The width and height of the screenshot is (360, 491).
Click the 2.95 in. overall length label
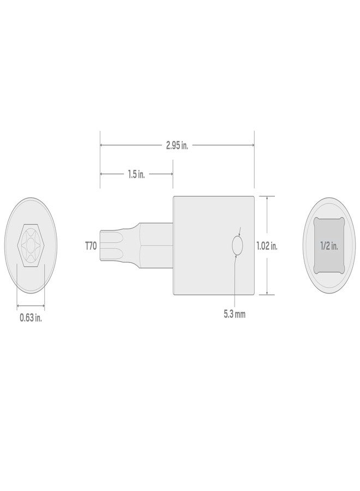[177, 146]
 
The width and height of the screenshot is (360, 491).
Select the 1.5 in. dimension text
[136, 175]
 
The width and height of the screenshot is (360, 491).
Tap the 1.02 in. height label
[267, 246]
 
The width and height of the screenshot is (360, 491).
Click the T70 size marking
[91, 247]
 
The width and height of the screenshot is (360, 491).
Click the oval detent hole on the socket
[237, 246]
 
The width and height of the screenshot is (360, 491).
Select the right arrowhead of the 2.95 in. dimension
[253, 145]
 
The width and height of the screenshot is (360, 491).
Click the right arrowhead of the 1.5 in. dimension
[171, 175]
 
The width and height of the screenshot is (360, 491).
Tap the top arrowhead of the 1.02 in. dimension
[267, 199]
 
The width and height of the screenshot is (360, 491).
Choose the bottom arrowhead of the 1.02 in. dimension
[267, 293]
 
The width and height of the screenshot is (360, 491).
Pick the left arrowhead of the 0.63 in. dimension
[19, 305]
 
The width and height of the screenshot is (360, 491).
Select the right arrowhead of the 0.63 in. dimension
[43, 305]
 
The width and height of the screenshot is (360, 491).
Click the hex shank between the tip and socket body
[155, 245]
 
